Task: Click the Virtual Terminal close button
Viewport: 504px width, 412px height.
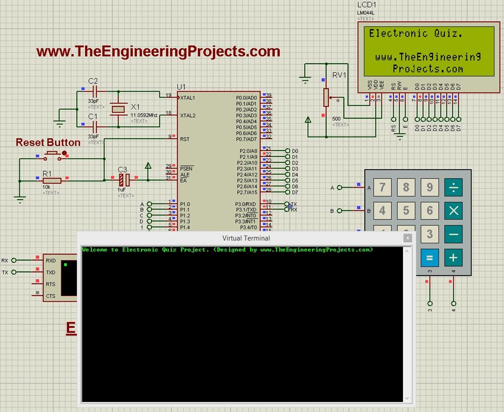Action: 407,238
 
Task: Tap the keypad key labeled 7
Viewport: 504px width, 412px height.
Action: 382,187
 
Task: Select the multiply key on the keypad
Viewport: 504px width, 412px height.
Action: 453,211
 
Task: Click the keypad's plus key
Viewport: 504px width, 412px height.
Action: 453,257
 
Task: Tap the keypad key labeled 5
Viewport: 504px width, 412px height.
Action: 406,211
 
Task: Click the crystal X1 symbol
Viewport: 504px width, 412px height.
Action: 118,109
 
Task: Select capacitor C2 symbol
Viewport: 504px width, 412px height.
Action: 96,91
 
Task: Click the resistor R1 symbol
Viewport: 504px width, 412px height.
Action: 51,181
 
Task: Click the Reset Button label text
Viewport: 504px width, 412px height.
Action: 48,143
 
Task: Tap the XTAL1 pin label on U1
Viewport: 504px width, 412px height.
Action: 188,98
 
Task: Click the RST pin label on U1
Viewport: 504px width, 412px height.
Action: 185,139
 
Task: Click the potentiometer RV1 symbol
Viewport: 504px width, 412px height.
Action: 325,97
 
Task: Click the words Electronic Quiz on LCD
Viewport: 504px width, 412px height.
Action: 415,34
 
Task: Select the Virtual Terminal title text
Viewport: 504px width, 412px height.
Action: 246,238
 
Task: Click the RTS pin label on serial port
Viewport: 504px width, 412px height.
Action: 51,284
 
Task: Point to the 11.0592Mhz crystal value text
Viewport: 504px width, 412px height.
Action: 144,115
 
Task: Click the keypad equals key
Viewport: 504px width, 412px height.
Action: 429,257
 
